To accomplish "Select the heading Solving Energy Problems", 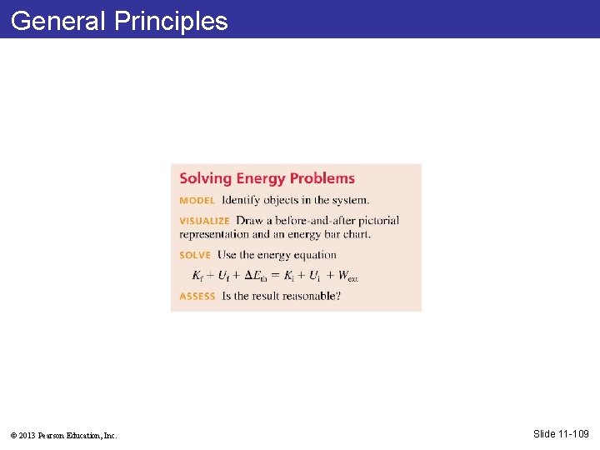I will point(267,178).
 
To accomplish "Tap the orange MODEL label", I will point(197,201).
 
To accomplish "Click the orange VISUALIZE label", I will point(204,221).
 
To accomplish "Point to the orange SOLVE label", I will point(195,255).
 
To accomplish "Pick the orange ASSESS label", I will point(197,296).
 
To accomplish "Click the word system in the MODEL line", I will point(349,200).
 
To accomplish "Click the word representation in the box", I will point(214,234).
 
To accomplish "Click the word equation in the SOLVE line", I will point(312,255).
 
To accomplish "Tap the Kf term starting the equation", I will point(197,276).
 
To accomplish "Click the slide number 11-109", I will point(572,433).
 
